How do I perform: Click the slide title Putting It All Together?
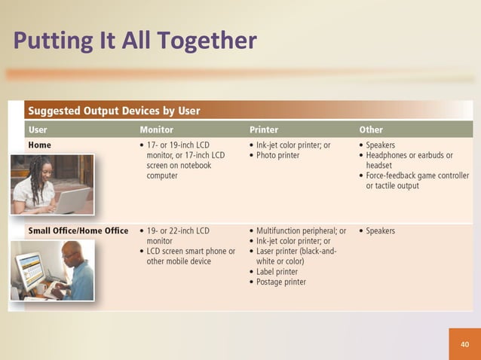135,40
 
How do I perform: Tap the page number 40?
464,344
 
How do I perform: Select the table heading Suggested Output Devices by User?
114,111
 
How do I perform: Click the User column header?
38,130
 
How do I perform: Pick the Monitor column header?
156,130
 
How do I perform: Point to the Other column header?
370,130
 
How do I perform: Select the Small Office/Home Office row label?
78,230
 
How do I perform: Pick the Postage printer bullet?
280,282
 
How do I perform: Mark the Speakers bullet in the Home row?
380,145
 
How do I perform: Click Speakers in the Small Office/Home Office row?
380,230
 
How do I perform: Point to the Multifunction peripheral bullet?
300,230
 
